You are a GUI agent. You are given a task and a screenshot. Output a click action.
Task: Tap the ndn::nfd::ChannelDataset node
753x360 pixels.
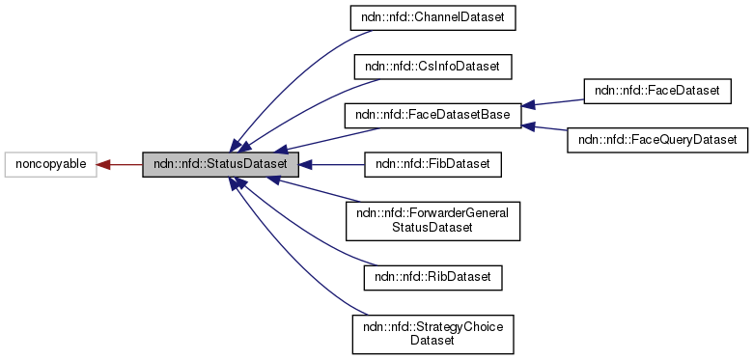[432, 16]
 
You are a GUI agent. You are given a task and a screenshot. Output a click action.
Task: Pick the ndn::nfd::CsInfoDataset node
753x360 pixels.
[432, 67]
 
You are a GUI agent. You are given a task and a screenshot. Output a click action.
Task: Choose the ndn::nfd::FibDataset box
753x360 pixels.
[432, 165]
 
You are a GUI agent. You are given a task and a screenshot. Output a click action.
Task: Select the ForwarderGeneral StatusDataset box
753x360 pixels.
[432, 221]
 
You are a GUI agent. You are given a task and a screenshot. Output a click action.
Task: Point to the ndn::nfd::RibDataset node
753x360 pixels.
[432, 277]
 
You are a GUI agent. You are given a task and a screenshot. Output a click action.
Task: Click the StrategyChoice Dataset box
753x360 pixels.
[432, 333]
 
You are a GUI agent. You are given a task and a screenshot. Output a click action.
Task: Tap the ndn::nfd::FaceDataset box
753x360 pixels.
[656, 91]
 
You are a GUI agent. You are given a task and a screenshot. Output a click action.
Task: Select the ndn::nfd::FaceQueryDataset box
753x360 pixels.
[656, 140]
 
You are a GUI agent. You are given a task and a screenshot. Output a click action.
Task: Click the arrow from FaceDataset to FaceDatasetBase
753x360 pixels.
[555, 102]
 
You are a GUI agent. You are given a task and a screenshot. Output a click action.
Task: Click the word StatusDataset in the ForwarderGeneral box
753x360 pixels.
[432, 228]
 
